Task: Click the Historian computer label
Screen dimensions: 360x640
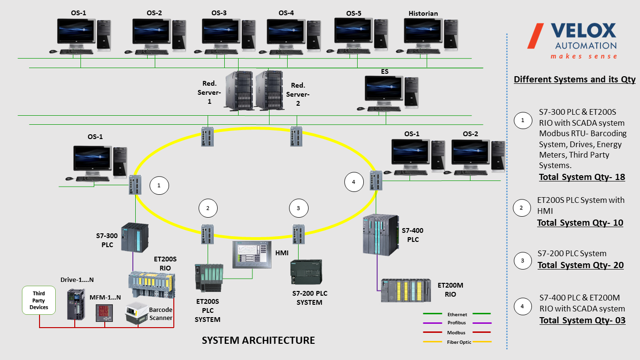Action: [x=423, y=13]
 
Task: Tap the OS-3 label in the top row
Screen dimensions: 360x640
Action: [x=219, y=13]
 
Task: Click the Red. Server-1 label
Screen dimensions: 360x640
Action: [x=210, y=93]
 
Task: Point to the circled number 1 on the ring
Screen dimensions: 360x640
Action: [x=159, y=186]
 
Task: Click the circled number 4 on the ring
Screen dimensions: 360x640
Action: [x=353, y=182]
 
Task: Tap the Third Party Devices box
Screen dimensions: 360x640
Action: [x=39, y=300]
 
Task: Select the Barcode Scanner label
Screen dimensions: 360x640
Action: [x=160, y=314]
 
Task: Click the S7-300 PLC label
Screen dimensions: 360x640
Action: [x=107, y=240]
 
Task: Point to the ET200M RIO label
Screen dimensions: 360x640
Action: [x=450, y=290]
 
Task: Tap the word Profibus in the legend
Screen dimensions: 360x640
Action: [x=457, y=323]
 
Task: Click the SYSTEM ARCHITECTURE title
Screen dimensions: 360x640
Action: [x=258, y=340]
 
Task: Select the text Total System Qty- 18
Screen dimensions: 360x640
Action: [x=581, y=177]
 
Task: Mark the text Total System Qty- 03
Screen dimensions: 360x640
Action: [x=582, y=320]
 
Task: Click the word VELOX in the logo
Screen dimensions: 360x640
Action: [x=583, y=31]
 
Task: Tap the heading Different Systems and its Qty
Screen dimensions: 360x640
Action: [x=574, y=80]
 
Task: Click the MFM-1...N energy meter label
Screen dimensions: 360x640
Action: [x=105, y=297]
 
